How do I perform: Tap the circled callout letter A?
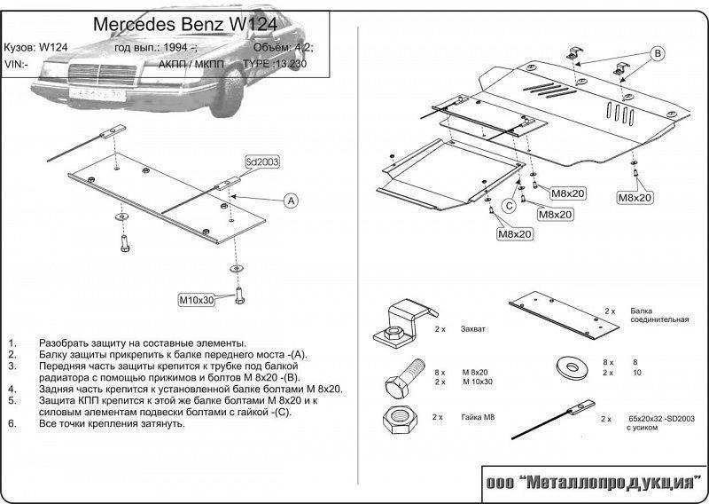290,201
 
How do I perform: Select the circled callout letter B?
658,53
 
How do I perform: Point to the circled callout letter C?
509,207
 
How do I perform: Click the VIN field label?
16,64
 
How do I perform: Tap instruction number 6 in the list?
12,423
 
